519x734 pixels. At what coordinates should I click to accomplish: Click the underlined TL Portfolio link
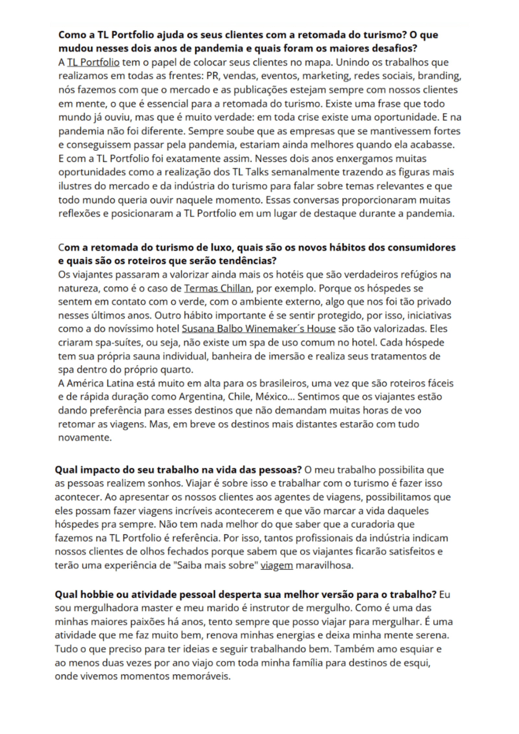(93, 62)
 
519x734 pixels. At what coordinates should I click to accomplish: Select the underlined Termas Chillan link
(217, 288)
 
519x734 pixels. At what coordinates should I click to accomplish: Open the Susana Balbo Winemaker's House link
(258, 329)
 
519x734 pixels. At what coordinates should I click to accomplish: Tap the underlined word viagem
(277, 565)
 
